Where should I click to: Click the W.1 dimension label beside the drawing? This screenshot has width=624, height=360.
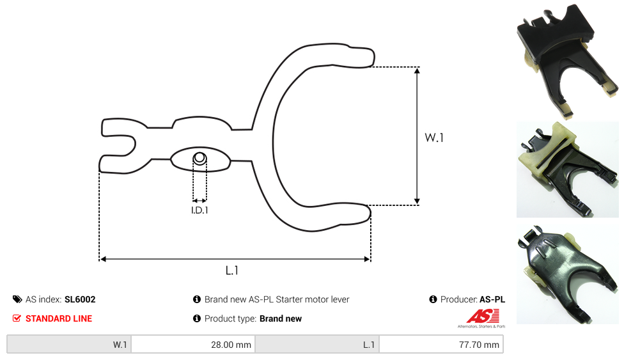coord(433,137)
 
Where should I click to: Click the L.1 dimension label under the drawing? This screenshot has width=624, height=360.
coord(232,270)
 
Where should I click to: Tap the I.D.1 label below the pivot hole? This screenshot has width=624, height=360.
coord(199,210)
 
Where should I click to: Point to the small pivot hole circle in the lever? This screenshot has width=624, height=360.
coord(199,159)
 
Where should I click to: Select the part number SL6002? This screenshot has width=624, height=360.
coord(80,299)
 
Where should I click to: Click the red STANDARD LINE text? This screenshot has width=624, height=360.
coord(59,318)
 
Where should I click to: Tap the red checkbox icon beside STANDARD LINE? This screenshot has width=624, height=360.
coord(17,318)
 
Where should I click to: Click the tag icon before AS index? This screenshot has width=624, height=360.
coord(17,299)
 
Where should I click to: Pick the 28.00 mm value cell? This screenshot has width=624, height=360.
coord(194,345)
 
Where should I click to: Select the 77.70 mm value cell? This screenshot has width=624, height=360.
coord(441,345)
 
